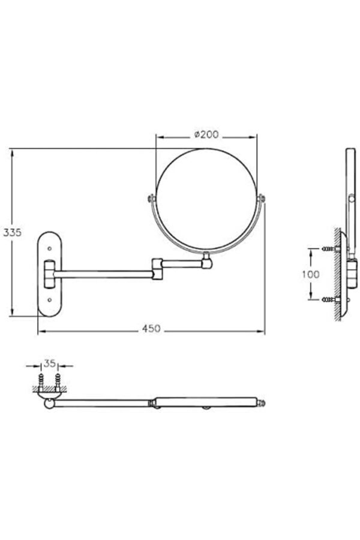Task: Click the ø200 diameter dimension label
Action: coord(206,134)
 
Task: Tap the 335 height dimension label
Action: coord(13,232)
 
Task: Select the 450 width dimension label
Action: coord(152,329)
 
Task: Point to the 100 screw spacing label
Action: coord(311,274)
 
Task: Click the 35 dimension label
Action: coord(50,364)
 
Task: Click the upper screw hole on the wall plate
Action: coord(50,248)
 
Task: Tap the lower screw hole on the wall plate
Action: coord(50,300)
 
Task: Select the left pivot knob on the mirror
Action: coord(151,198)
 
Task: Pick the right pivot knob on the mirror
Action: coord(262,199)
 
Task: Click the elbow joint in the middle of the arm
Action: coord(157,269)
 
